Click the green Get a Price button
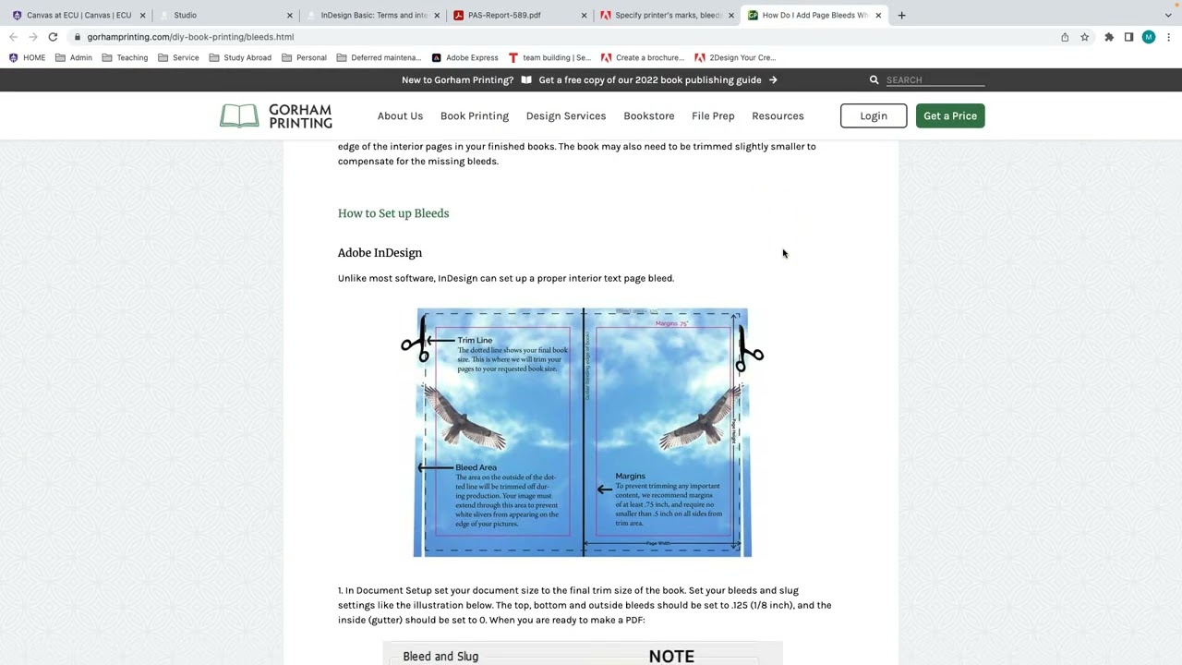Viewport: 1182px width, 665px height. click(x=949, y=115)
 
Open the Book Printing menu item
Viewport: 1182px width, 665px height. click(x=474, y=115)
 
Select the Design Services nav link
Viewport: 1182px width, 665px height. click(x=565, y=115)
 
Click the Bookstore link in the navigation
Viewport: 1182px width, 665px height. click(x=648, y=115)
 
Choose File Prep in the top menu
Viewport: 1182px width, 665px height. click(x=713, y=115)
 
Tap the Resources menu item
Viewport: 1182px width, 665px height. click(x=777, y=115)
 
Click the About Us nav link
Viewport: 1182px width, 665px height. click(x=400, y=115)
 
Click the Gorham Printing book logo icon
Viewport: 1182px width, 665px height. click(x=239, y=115)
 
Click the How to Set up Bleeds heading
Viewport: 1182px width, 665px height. click(x=393, y=213)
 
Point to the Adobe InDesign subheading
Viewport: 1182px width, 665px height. click(x=380, y=253)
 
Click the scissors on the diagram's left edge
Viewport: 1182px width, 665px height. click(x=415, y=343)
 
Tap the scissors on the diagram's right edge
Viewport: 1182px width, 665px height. click(x=748, y=354)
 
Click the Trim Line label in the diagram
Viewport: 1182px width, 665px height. click(x=475, y=340)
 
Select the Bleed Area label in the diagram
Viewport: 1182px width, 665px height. click(x=476, y=467)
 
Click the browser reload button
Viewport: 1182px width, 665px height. click(x=53, y=37)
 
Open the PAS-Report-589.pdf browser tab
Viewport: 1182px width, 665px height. click(x=504, y=15)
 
